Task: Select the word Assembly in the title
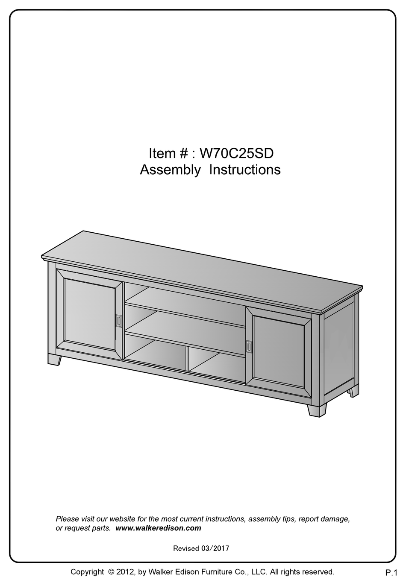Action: (170, 170)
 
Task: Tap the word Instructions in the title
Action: (245, 170)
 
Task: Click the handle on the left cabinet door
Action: (119, 321)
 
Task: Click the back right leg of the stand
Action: (353, 391)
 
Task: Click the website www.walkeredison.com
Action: (158, 528)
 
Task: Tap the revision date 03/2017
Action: (215, 548)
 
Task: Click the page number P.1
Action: (391, 572)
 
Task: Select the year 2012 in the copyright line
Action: (126, 572)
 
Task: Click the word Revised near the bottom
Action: (186, 548)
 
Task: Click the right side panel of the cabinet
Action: (339, 348)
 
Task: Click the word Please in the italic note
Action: (68, 519)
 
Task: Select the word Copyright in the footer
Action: (87, 572)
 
